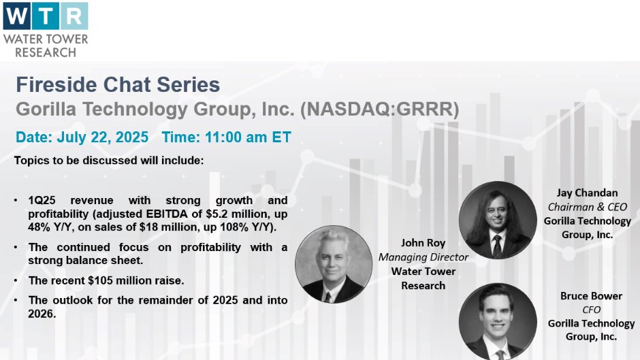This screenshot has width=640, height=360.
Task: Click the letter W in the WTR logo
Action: click(x=17, y=16)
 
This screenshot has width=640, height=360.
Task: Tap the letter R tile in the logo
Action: click(x=74, y=16)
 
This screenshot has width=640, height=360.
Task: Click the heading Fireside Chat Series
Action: click(x=118, y=85)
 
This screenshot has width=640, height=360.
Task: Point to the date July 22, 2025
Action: click(x=102, y=137)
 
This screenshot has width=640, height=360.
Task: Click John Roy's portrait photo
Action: click(x=334, y=264)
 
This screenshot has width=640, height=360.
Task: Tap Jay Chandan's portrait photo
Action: click(x=498, y=220)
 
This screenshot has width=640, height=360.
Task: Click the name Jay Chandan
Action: click(x=587, y=193)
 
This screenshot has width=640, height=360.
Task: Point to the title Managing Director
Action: click(x=423, y=257)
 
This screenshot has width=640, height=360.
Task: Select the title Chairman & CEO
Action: click(x=587, y=207)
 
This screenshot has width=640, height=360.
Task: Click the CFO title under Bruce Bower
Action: click(x=591, y=310)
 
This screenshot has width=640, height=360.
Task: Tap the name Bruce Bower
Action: click(x=591, y=295)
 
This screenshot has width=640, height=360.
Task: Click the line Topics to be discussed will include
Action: click(x=109, y=161)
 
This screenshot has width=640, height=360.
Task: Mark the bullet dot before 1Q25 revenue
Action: click(x=16, y=200)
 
